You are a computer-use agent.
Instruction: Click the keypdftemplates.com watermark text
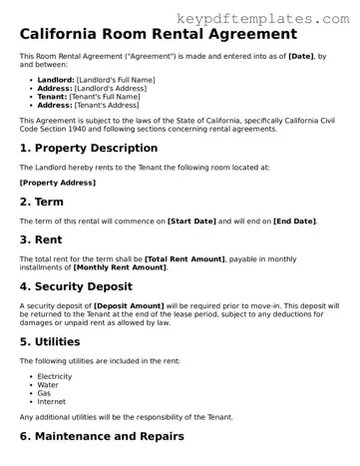tap(263, 18)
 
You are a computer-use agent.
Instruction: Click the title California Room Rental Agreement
tap(158, 34)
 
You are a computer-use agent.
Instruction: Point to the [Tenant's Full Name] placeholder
tap(103, 96)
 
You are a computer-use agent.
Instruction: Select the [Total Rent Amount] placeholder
tap(184, 258)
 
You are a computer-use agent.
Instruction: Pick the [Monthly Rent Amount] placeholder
tap(119, 267)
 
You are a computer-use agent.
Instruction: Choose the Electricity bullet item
tap(56, 376)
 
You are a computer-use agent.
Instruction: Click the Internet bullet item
tap(52, 401)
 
